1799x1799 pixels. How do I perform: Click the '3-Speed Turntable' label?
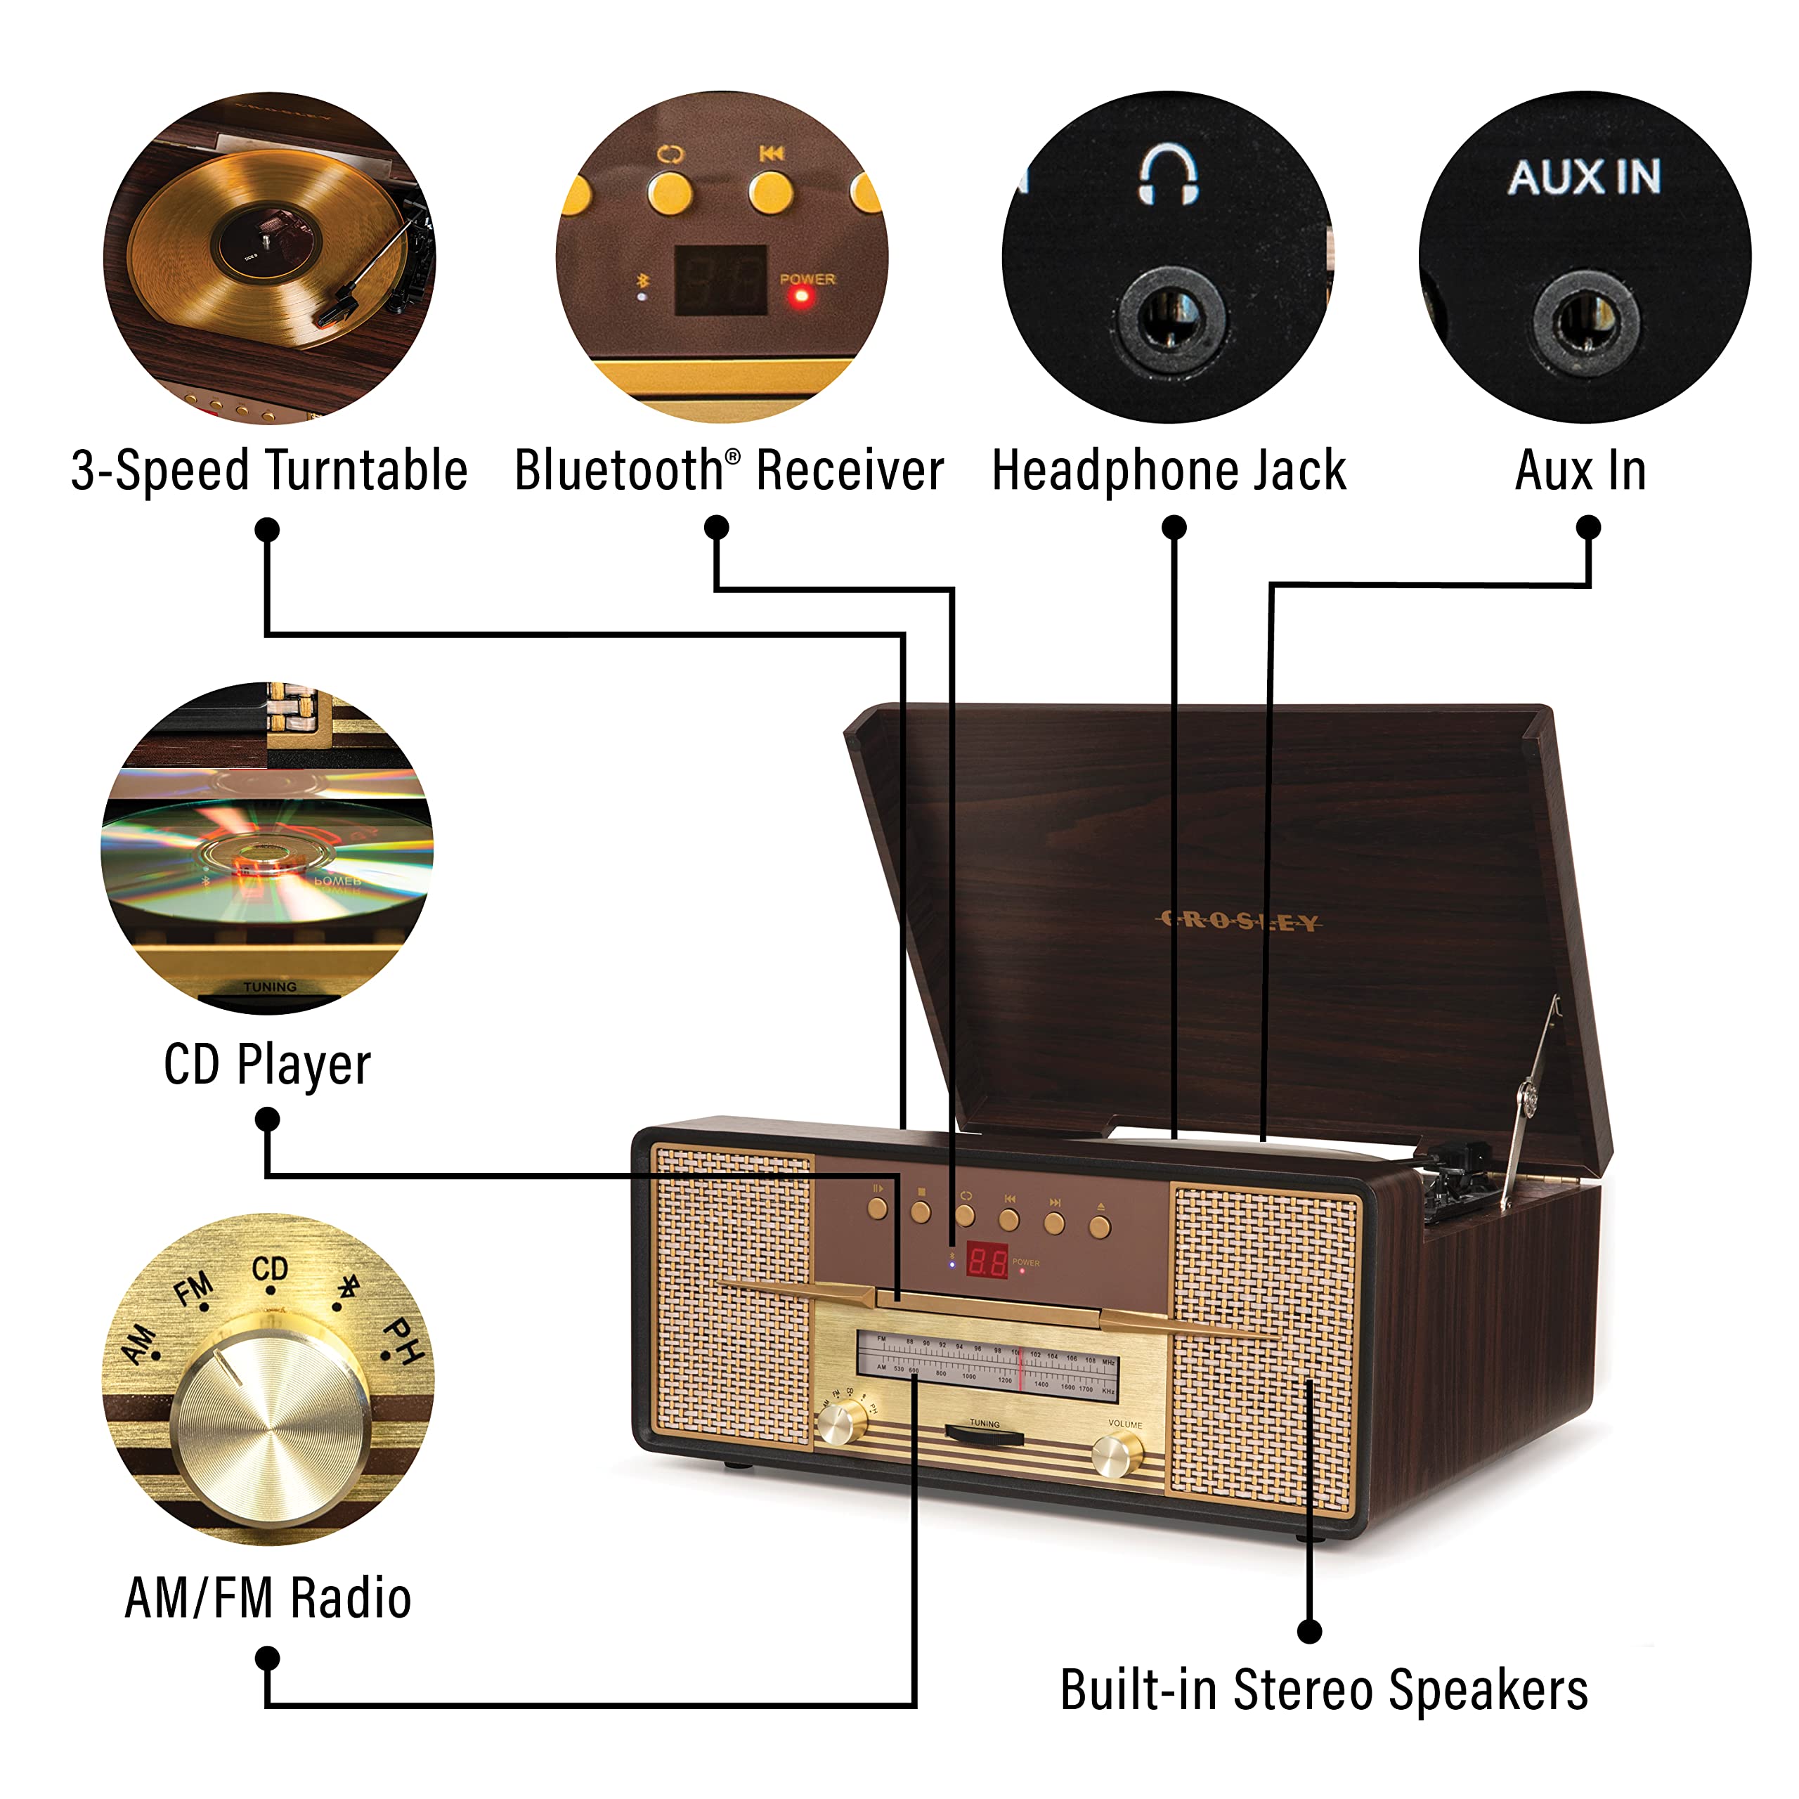click(269, 470)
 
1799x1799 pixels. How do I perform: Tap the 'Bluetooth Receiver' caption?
click(729, 470)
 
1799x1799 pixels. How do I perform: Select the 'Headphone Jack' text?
click(1169, 470)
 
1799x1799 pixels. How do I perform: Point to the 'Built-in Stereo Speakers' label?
click(1324, 1690)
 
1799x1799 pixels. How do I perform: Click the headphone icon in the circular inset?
click(1168, 174)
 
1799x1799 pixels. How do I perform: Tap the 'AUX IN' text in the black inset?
click(1584, 177)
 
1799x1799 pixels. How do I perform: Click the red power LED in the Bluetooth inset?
click(800, 298)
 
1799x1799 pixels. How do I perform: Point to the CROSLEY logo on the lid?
click(1238, 922)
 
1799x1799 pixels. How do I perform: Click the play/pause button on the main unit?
click(877, 1209)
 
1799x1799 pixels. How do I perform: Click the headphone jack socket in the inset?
click(1171, 319)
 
